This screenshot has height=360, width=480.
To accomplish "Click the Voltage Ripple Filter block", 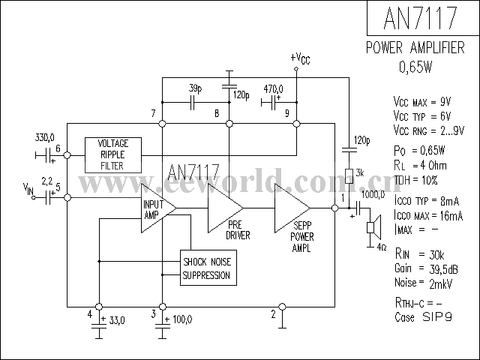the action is point(113,155).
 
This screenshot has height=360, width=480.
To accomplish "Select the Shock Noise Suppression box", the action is point(208,268).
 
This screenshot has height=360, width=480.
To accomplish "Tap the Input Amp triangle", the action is point(158,208).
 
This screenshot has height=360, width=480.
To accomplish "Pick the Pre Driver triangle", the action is point(225,208).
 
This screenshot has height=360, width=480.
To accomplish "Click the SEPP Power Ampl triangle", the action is point(292,208).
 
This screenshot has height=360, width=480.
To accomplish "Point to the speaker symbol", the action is point(374,227).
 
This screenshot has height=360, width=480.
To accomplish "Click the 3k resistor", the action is point(349,176).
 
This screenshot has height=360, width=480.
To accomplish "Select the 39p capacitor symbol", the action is point(192,103).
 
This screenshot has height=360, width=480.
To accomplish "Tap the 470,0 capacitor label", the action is point(273,89).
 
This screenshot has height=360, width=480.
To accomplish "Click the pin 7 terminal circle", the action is point(163,124).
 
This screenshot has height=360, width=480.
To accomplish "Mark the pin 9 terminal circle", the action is point(296,124).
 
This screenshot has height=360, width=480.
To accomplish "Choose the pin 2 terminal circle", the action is point(282,307).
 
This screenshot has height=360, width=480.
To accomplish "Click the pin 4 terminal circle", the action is point(99,307).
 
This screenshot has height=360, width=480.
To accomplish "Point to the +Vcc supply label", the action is point(300,58).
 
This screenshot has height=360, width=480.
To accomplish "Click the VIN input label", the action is point(28,188).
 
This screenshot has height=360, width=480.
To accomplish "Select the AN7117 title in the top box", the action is point(420,18).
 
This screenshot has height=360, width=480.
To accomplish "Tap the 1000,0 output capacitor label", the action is point(373,194).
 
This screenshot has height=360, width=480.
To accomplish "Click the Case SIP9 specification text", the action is point(423,316).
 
